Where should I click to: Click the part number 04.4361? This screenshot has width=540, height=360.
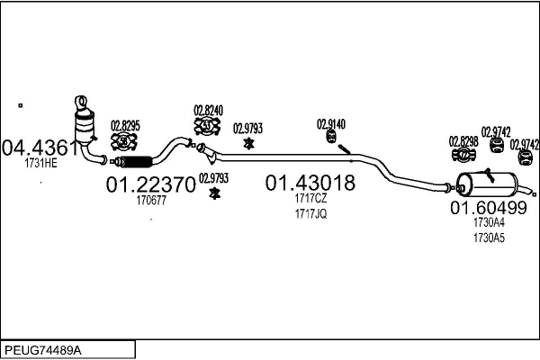pyautogui.click(x=40, y=148)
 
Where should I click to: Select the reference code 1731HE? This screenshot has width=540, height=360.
pyautogui.click(x=40, y=165)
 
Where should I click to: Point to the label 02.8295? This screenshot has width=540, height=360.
pyautogui.click(x=125, y=125)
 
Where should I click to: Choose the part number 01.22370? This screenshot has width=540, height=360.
pyautogui.click(x=150, y=185)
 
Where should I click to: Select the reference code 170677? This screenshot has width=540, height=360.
pyautogui.click(x=151, y=201)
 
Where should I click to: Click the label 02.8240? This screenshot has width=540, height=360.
pyautogui.click(x=209, y=112)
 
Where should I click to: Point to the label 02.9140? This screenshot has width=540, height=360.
pyautogui.click(x=330, y=123)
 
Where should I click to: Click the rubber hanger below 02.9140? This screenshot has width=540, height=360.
pyautogui.click(x=331, y=137)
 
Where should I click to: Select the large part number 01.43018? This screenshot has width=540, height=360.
pyautogui.click(x=310, y=184)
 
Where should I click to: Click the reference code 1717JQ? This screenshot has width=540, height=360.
pyautogui.click(x=310, y=213)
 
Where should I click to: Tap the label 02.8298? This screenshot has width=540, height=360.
pyautogui.click(x=464, y=141)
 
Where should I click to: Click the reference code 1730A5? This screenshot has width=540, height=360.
pyautogui.click(x=490, y=238)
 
